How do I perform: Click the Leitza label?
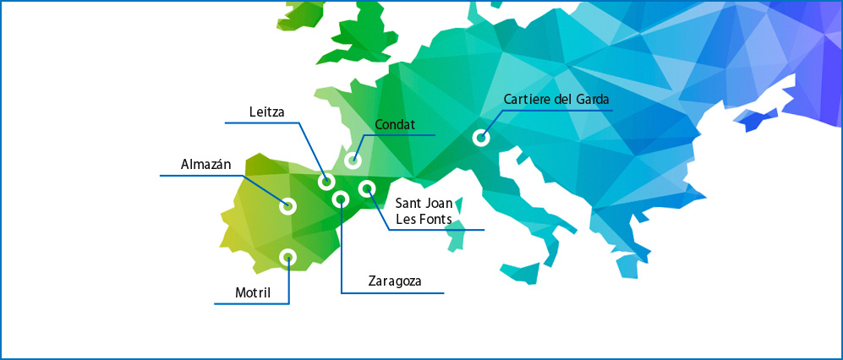pos(267,112)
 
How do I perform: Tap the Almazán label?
pos(205,164)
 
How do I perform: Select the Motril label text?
pos(253,293)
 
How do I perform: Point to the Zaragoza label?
pos(395,281)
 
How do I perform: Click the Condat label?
pos(395,125)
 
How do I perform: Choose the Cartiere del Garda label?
pos(556,100)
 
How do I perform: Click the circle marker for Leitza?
pos(326,182)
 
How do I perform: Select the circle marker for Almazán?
pos(287,205)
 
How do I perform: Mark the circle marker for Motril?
pos(287,257)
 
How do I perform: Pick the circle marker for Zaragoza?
pos(341,199)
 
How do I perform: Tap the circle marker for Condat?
pos(353,161)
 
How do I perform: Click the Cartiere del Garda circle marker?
pos(480,137)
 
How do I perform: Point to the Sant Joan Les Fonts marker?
pos(366,188)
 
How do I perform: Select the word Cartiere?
pos(527,100)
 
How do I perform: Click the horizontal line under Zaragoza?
pos(393,293)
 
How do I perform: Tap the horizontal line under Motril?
pos(252,303)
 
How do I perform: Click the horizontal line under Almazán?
pos(203,176)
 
